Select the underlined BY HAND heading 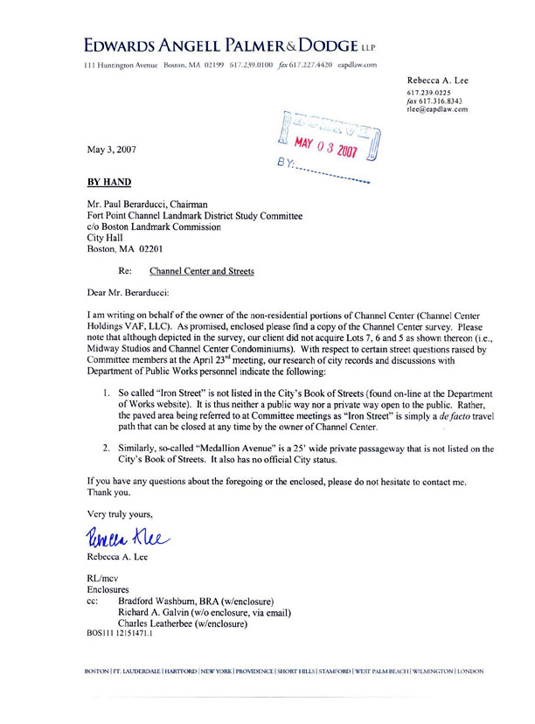(x=109, y=183)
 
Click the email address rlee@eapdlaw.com (x=437, y=109)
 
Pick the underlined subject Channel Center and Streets (x=202, y=271)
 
